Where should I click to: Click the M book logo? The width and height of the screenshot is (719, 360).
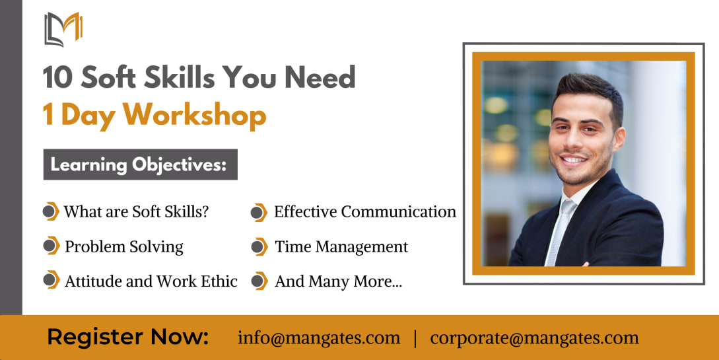(63, 29)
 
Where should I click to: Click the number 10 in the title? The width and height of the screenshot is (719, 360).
(57, 77)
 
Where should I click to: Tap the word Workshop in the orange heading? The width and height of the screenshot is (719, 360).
(194, 115)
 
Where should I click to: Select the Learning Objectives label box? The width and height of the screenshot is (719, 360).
(141, 164)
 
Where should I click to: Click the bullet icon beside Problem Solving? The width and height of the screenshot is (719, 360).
(51, 246)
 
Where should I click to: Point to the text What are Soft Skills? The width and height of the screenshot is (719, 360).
(136, 211)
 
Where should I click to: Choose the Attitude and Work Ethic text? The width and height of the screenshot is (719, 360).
(151, 281)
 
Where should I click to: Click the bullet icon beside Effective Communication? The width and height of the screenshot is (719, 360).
(259, 212)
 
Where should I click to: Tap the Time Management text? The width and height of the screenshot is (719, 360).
(341, 247)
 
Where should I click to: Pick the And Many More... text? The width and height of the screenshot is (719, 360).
(339, 281)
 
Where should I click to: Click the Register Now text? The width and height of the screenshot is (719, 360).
(128, 337)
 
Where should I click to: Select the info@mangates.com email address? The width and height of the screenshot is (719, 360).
(319, 338)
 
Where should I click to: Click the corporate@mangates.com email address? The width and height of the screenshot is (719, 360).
(534, 338)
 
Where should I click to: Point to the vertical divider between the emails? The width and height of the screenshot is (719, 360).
(415, 338)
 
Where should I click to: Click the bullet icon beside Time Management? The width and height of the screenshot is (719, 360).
(259, 247)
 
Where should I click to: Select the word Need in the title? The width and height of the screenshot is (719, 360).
(320, 77)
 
